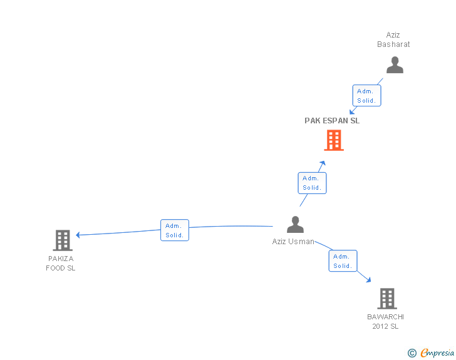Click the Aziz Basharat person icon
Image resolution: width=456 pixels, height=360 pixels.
tap(395, 65)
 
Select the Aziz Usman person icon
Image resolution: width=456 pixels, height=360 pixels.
tap(295, 224)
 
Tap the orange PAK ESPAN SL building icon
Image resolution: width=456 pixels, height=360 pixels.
tap(334, 140)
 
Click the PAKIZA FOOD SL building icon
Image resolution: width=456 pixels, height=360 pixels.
tap(63, 240)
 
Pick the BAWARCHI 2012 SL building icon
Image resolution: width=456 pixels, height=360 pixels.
tap(387, 299)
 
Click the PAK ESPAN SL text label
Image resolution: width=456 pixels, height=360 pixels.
tap(332, 121)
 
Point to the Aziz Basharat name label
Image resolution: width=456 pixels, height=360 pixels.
tap(393, 40)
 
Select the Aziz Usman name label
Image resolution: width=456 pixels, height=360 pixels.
tap(293, 242)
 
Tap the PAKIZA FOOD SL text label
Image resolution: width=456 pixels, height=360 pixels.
tap(61, 264)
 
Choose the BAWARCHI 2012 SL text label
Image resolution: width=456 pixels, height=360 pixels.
tap(385, 322)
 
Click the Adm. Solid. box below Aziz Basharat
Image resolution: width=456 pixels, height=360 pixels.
tap(366, 96)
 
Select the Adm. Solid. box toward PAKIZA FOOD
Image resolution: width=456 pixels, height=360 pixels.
tap(175, 230)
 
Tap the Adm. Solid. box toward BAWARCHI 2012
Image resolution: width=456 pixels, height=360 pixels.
tap(343, 261)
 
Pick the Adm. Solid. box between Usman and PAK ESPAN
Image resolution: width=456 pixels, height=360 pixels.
tap(311, 183)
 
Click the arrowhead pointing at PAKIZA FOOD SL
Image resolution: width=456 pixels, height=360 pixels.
tap(78, 235)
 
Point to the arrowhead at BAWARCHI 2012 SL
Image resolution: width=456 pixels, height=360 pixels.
tap(368, 280)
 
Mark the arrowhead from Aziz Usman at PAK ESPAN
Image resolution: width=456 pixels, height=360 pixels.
tap(323, 163)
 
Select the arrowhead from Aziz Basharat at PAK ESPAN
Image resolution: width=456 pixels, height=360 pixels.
tap(352, 111)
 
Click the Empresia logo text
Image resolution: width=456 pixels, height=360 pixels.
tap(437, 353)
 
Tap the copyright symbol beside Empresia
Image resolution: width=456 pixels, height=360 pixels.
tap(412, 354)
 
